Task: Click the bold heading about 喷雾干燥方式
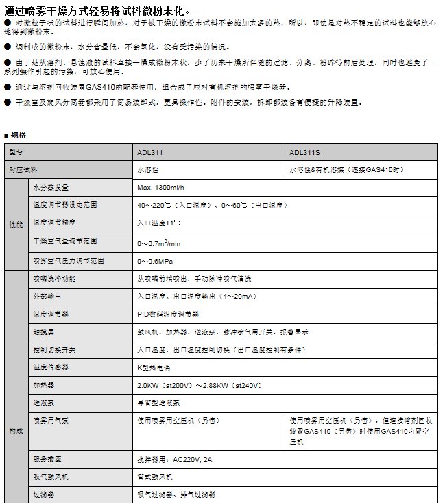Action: pos(95,11)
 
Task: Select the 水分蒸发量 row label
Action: pos(51,188)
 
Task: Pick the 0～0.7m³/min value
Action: pos(158,242)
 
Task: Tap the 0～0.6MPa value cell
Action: pos(155,260)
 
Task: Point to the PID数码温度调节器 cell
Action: pos(168,314)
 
